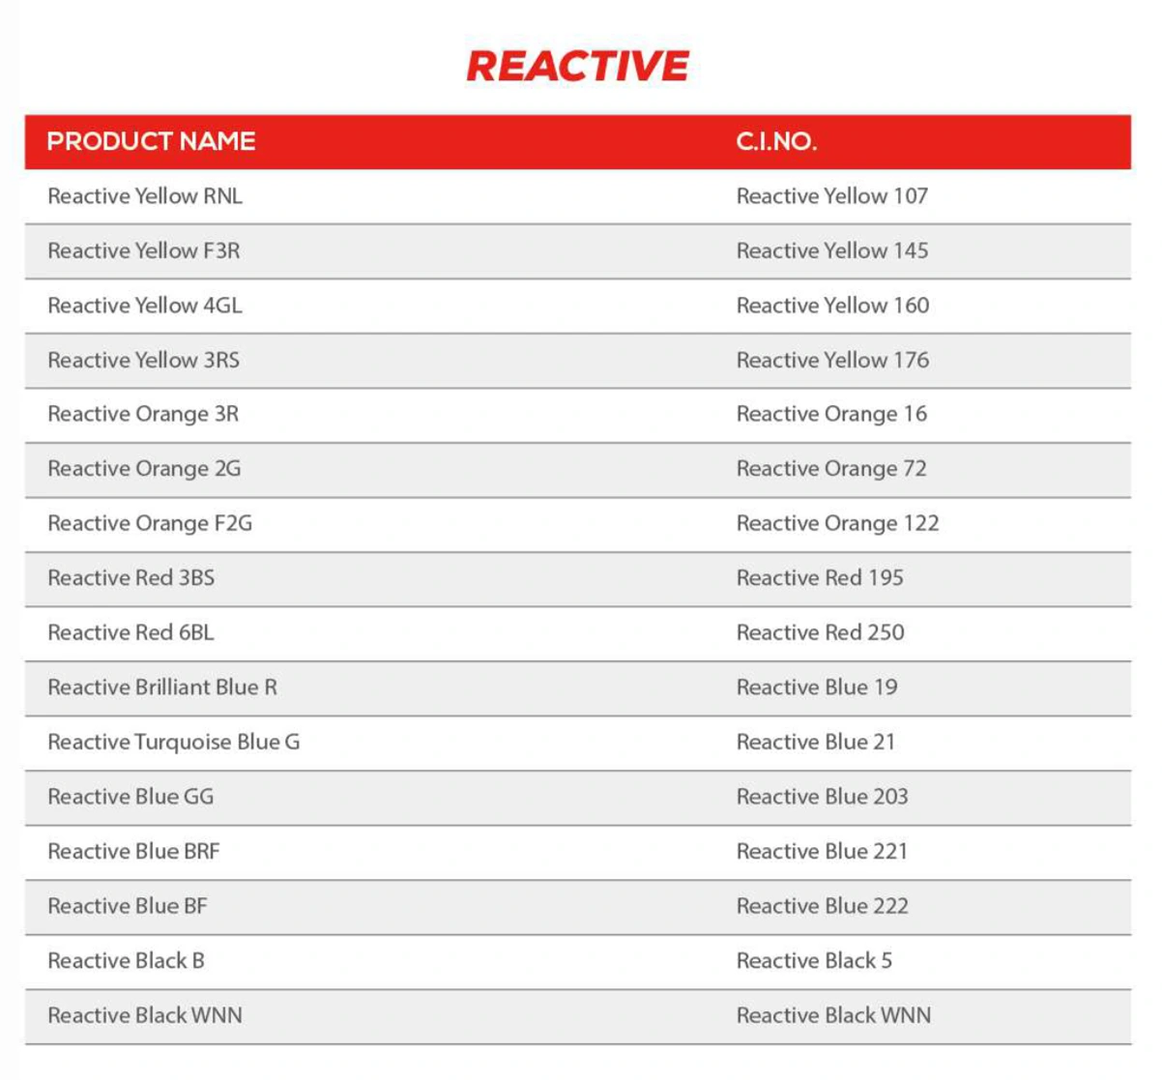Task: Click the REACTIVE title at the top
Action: pyautogui.click(x=577, y=66)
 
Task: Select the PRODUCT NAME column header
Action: pyautogui.click(x=151, y=141)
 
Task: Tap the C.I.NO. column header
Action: pyautogui.click(x=776, y=141)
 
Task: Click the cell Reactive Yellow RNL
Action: pyautogui.click(x=145, y=196)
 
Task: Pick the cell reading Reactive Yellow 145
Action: pyautogui.click(x=831, y=250)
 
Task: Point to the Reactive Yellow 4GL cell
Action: pyautogui.click(x=145, y=306)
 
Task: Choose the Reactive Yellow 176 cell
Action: pyautogui.click(x=832, y=360)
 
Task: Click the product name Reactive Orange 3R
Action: pyautogui.click(x=143, y=414)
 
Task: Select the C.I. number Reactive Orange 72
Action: pyautogui.click(x=831, y=469)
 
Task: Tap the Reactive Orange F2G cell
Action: pyautogui.click(x=150, y=523)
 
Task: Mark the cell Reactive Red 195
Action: pyautogui.click(x=820, y=578)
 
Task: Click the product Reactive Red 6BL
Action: pyautogui.click(x=131, y=632)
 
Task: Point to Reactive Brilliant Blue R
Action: pyautogui.click(x=162, y=687)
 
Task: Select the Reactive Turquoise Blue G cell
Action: pyautogui.click(x=174, y=742)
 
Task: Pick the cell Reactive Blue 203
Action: pyautogui.click(x=822, y=797)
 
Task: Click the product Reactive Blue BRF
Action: pyautogui.click(x=133, y=851)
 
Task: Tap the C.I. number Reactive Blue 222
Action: pyautogui.click(x=822, y=906)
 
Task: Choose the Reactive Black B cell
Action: pyautogui.click(x=126, y=960)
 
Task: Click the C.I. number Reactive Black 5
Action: pyautogui.click(x=814, y=960)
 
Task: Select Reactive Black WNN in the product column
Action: pyautogui.click(x=145, y=1015)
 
